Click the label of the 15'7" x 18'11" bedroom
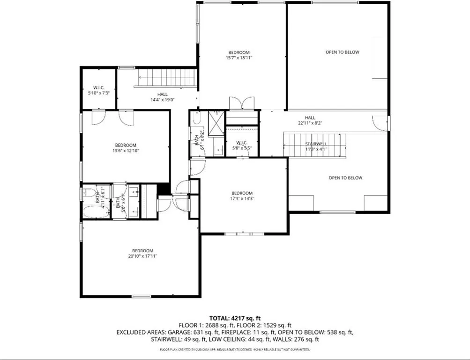239,55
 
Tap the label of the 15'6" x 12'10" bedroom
126,148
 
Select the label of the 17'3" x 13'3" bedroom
242,195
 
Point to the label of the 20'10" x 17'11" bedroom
142,253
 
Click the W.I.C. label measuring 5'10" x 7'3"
98,90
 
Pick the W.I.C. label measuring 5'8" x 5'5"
242,145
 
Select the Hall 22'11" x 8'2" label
310,120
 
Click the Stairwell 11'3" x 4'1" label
316,146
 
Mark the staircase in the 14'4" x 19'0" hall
166,78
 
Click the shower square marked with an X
217,125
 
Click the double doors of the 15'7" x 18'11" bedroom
242,103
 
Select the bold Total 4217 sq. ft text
235,318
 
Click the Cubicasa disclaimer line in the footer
235,350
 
